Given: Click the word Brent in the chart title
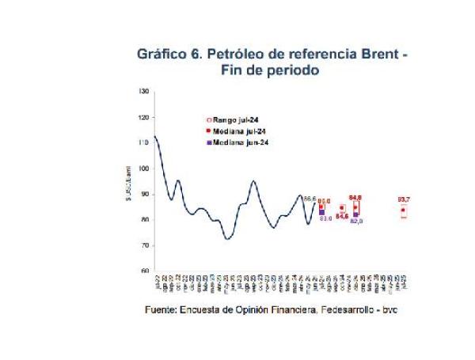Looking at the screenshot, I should (377, 55).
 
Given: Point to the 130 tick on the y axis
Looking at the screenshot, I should (143, 92).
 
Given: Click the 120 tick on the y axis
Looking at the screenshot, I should (143, 117).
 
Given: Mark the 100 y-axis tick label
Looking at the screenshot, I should (143, 169).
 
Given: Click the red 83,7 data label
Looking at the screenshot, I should (404, 199).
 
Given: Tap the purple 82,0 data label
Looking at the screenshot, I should (356, 221).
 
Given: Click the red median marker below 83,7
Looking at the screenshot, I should (404, 210).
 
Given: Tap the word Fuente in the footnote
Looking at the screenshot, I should (162, 309).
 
